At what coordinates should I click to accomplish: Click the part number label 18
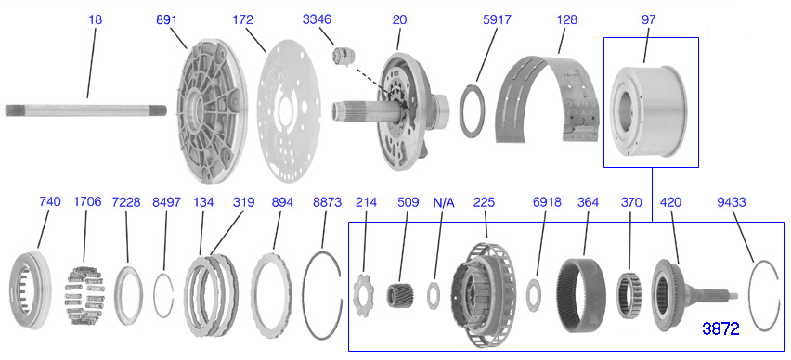pyautogui.click(x=96, y=19)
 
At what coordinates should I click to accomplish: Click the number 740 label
pyautogui.click(x=50, y=201)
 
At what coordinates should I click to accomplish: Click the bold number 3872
pyautogui.click(x=721, y=328)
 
